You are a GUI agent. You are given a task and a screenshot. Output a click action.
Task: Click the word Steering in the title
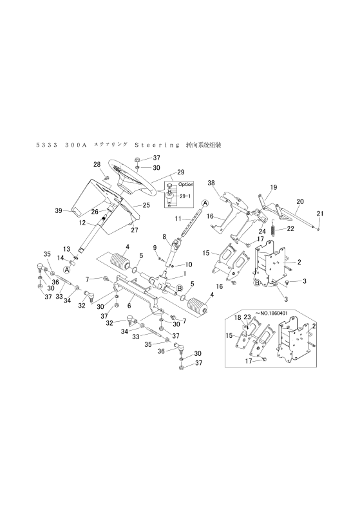pyautogui.click(x=157, y=145)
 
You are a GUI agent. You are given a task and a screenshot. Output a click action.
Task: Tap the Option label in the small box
pyautogui.click(x=185, y=184)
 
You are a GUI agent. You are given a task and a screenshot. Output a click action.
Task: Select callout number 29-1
pyautogui.click(x=187, y=196)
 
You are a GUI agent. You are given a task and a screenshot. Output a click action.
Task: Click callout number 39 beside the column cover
pyautogui.click(x=59, y=211)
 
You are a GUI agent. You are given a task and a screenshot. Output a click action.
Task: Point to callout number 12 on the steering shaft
pyautogui.click(x=82, y=223)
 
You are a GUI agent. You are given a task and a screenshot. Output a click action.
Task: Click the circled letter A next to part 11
pyautogui.click(x=205, y=203)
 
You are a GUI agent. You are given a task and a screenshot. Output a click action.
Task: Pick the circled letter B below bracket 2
pyautogui.click(x=258, y=283)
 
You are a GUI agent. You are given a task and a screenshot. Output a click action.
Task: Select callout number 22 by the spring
pyautogui.click(x=290, y=228)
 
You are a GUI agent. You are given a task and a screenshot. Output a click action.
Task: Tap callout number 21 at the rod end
pyautogui.click(x=320, y=214)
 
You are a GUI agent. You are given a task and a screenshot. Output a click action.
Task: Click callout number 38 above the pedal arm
pyautogui.click(x=211, y=183)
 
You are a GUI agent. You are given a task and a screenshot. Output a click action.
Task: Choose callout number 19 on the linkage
pyautogui.click(x=273, y=187)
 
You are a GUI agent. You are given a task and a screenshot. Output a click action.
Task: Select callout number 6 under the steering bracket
pyautogui.click(x=129, y=306)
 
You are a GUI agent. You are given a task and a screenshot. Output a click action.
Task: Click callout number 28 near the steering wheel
pyautogui.click(x=97, y=165)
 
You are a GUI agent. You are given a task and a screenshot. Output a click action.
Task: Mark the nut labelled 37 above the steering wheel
pyautogui.click(x=137, y=160)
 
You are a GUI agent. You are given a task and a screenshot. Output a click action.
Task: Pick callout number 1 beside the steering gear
pyautogui.click(x=185, y=274)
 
